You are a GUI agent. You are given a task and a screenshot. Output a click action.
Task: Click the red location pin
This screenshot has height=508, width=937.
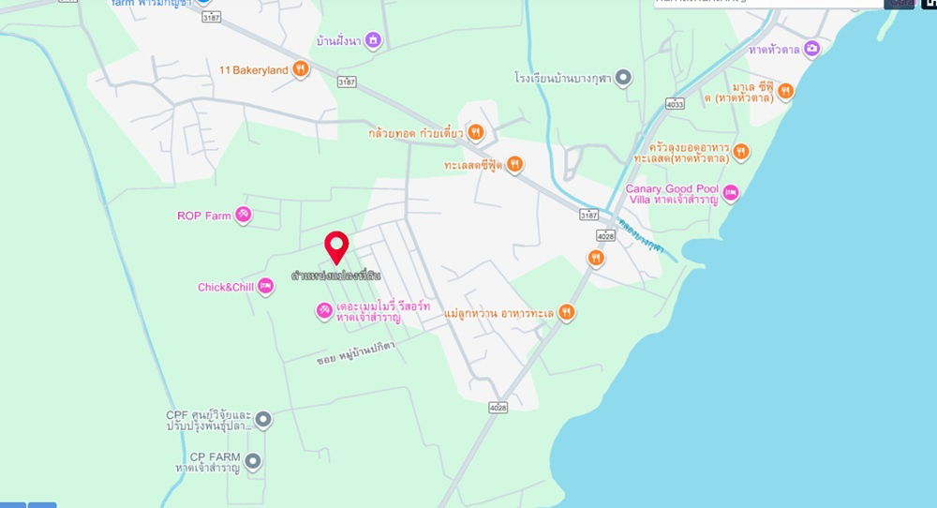pos(336,247)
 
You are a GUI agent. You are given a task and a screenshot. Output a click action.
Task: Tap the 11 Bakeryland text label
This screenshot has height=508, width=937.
pos(253,69)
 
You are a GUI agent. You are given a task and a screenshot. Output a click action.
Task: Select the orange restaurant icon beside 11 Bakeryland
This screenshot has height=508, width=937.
pos(300,68)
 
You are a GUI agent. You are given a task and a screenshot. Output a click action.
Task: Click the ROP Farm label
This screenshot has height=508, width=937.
pos(203,216)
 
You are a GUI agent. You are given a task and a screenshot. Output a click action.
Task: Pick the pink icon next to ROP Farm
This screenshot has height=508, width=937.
pos(244,216)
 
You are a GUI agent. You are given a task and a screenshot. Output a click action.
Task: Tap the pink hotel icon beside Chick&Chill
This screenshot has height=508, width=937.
pos(265,287)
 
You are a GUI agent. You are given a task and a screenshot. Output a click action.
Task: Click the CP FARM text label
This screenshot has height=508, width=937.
pos(215,456)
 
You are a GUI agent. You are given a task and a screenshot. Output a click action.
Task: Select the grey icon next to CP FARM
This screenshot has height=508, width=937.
pos(254,461)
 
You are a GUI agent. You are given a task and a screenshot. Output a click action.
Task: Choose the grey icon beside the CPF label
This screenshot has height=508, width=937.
pos(263,420)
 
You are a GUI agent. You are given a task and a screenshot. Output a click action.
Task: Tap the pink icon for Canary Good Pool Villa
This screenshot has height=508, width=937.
pos(731,193)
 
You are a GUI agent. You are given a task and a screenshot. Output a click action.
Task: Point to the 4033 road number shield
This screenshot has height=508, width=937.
pos(676,105)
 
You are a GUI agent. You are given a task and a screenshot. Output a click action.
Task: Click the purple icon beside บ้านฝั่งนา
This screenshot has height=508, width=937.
pos(373,40)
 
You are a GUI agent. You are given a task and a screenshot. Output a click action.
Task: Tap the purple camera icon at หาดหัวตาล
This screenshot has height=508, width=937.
pos(811,49)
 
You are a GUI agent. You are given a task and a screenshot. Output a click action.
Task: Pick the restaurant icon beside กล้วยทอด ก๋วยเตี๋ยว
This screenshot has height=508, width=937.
pos(476,132)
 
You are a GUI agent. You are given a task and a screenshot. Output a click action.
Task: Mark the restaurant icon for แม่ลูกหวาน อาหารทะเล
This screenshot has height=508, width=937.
pos(566,312)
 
